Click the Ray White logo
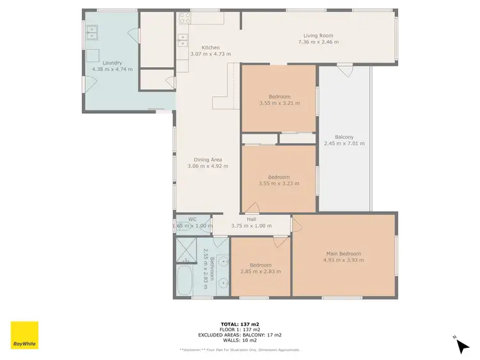click(x=24, y=335)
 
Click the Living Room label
click(x=318, y=36)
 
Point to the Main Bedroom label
click(x=344, y=253)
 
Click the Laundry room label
click(x=107, y=63)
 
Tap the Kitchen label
click(x=211, y=48)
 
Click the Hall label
click(x=252, y=218)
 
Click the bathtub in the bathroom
click(x=186, y=282)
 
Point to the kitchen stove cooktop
click(x=184, y=19)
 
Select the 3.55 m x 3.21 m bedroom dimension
click(x=278, y=103)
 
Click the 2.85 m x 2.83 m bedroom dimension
click(x=260, y=271)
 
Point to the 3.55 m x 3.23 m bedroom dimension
click(x=278, y=184)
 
